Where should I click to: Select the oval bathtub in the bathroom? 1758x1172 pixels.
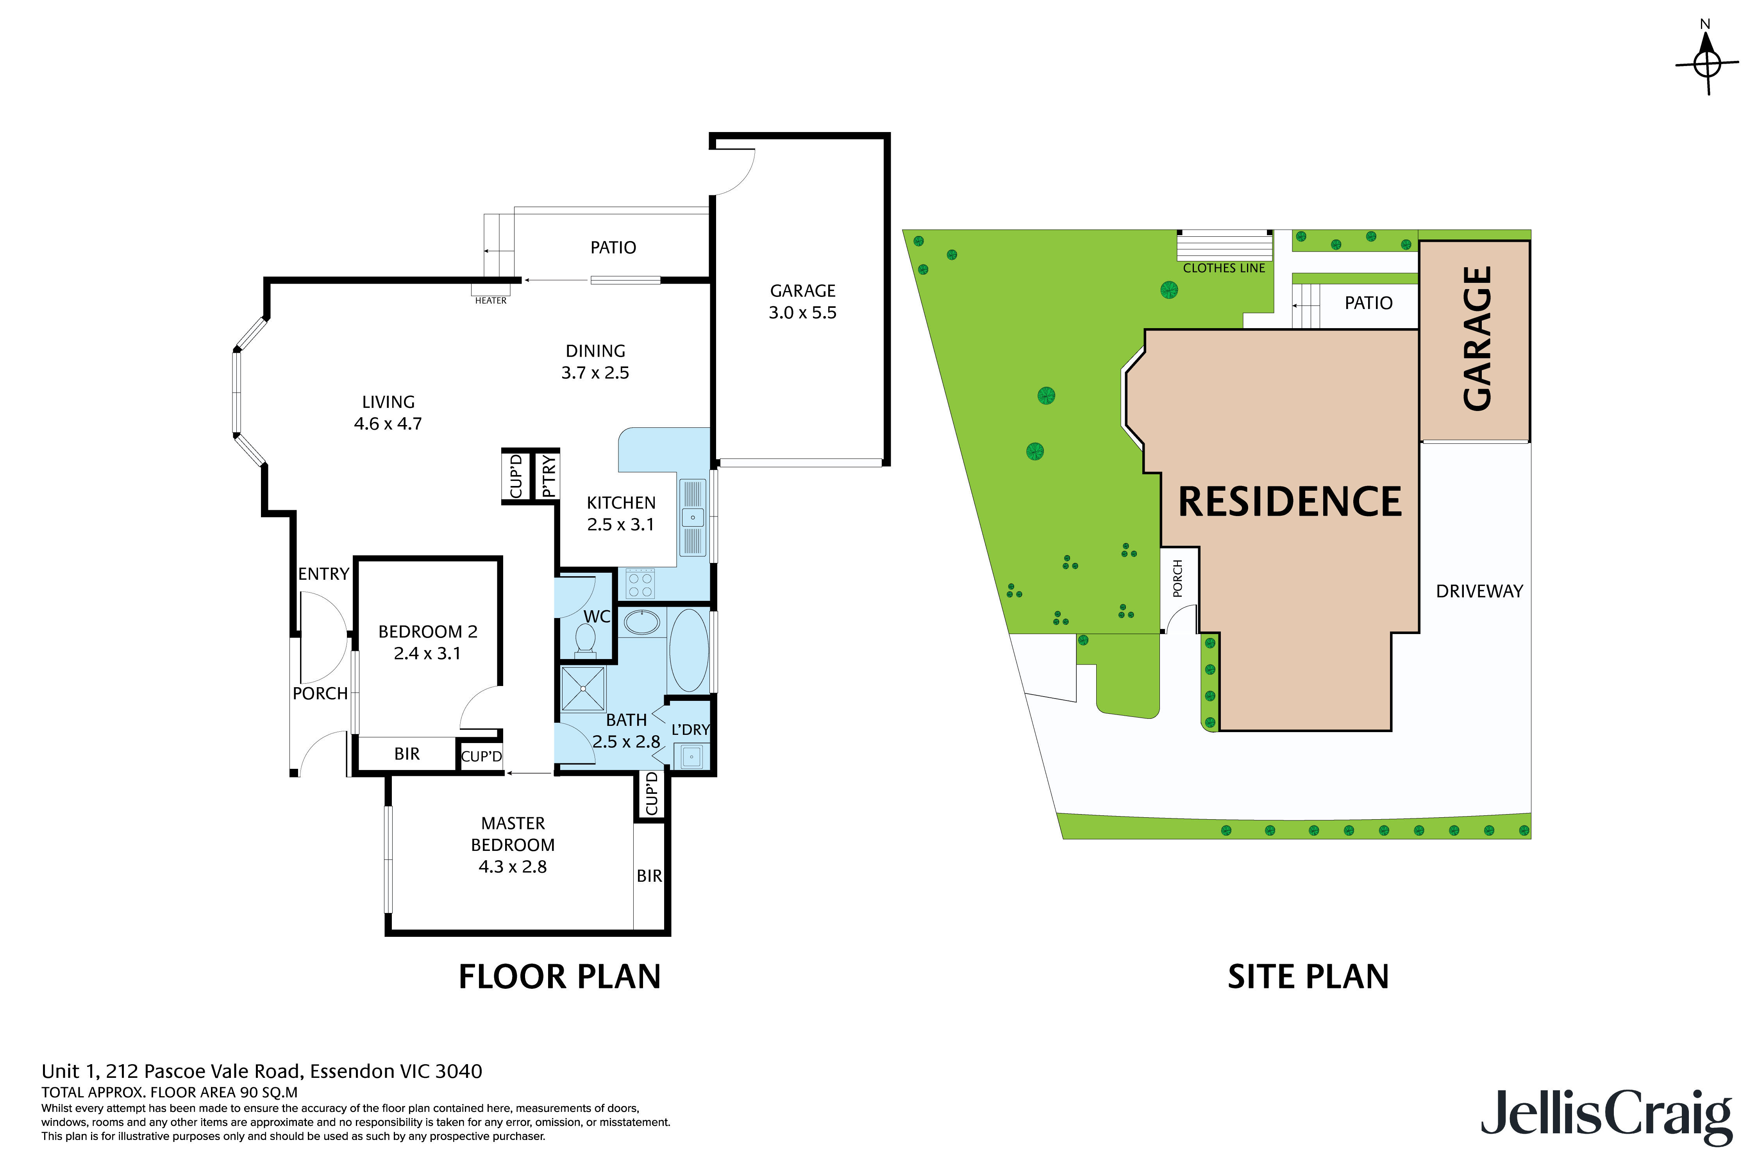[688, 650]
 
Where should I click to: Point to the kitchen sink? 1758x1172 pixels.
[693, 517]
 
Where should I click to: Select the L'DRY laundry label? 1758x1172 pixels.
[690, 729]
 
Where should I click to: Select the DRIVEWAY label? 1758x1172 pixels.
[1479, 591]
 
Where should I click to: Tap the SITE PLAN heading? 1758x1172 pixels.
[1308, 977]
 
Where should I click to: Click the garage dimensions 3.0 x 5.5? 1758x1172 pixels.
[803, 313]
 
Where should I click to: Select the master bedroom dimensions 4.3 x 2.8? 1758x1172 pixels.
[513, 866]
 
